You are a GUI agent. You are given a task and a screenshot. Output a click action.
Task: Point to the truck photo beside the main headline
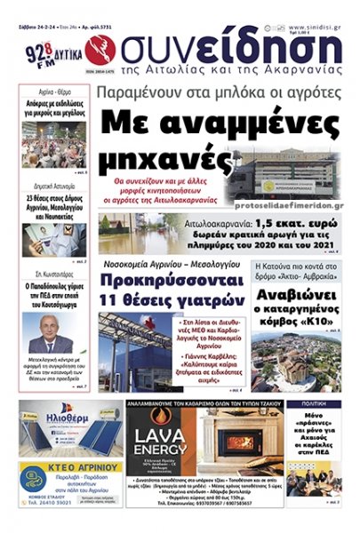tap(292, 173)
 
